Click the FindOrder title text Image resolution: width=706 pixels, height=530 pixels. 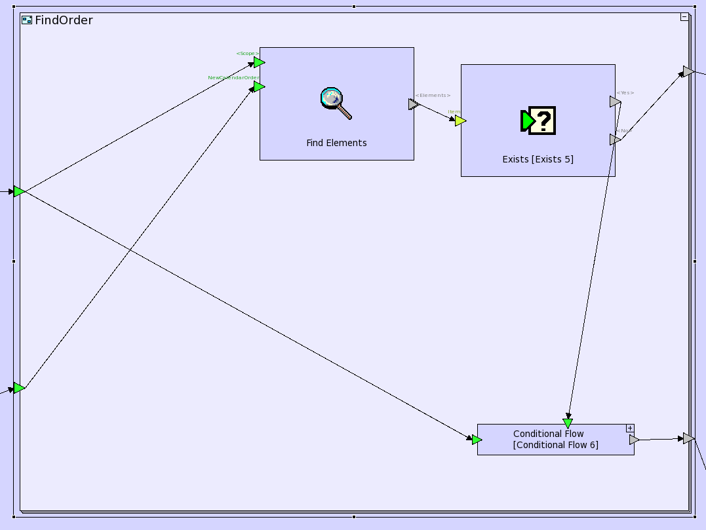click(64, 20)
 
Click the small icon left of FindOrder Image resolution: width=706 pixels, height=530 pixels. click(27, 20)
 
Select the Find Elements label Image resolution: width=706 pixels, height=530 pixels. click(336, 143)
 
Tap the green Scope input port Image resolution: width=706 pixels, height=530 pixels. click(259, 62)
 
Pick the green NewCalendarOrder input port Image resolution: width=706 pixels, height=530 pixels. click(259, 86)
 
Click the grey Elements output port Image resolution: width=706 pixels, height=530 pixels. click(413, 104)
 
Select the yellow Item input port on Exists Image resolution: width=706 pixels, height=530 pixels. click(460, 121)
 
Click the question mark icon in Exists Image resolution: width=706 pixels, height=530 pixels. click(538, 121)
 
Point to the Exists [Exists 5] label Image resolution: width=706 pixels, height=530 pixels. click(538, 159)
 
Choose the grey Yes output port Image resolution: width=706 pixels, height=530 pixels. click(615, 102)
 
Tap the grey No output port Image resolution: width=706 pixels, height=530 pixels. click(615, 140)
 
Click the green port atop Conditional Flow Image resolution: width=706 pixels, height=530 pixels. click(568, 423)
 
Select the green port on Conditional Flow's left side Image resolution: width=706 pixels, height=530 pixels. click(477, 440)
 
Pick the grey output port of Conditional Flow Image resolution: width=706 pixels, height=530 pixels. click(634, 440)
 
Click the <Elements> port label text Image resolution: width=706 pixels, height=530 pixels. click(433, 96)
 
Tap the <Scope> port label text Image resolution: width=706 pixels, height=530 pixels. click(248, 54)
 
